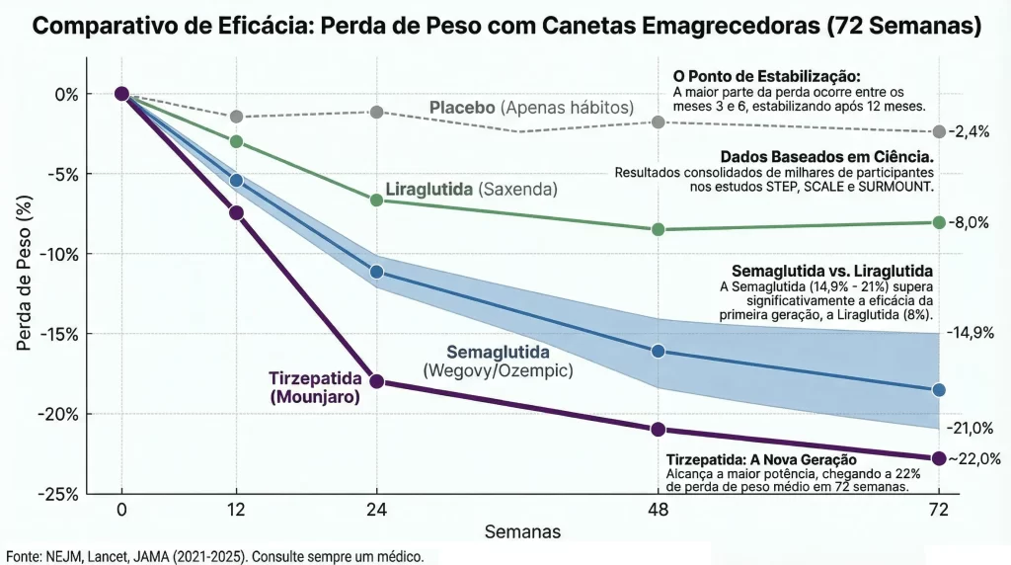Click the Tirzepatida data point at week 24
pyautogui.click(x=376, y=381)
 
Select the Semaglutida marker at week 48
pyautogui.click(x=659, y=352)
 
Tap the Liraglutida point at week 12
pyautogui.click(x=236, y=141)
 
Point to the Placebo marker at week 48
pyautogui.click(x=659, y=121)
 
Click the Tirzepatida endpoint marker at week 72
pyautogui.click(x=939, y=458)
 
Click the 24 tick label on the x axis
pyautogui.click(x=376, y=511)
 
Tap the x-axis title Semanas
pyautogui.click(x=522, y=532)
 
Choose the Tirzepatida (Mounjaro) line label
pyautogui.click(x=313, y=386)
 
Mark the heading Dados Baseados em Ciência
pyautogui.click(x=827, y=157)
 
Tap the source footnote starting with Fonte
pyautogui.click(x=212, y=556)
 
